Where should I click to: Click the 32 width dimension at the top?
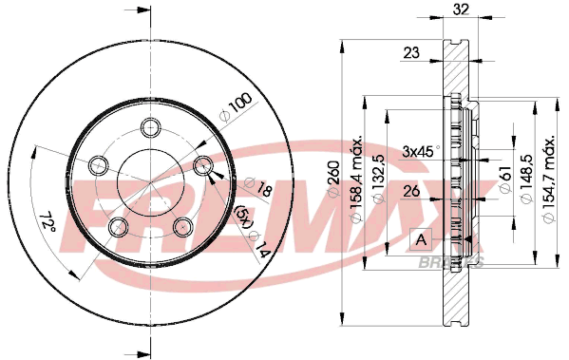coord(462,9)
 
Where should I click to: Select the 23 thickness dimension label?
coord(411,53)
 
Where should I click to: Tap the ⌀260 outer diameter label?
coord(333,179)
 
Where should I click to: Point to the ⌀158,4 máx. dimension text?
coord(356,180)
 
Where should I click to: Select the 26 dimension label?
coord(411,191)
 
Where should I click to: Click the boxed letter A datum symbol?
coord(421,239)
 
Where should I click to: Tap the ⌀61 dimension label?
coord(505,179)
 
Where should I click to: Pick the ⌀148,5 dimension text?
coord(527,179)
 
